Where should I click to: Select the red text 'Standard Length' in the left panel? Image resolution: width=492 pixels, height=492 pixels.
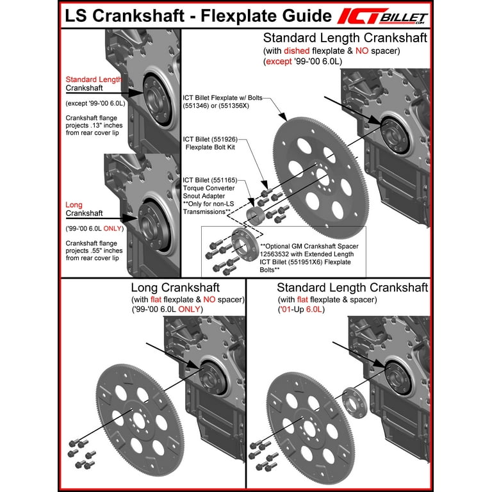click(x=94, y=79)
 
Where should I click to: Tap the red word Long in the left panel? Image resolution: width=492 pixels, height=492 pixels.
click(x=74, y=205)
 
